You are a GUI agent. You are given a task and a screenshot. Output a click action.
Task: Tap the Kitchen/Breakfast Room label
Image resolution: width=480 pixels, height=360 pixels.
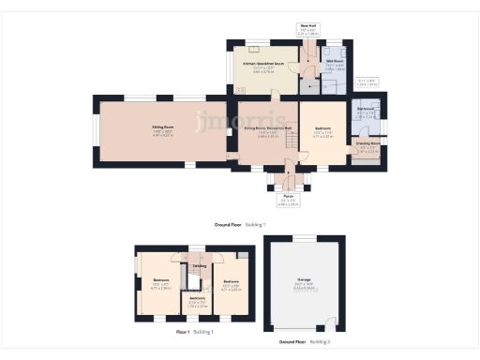click(x=264, y=64)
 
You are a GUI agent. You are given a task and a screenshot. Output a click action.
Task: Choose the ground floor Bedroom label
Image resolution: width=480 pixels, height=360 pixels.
click(x=322, y=128)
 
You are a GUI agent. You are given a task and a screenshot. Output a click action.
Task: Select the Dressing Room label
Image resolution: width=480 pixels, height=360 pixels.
click(x=368, y=143)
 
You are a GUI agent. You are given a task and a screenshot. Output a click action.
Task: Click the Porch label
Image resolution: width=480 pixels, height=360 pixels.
click(x=289, y=197)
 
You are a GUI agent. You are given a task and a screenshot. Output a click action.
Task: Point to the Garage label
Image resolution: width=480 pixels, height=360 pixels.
click(x=304, y=280)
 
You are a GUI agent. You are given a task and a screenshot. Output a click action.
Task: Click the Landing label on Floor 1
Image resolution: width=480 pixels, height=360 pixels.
click(x=200, y=266)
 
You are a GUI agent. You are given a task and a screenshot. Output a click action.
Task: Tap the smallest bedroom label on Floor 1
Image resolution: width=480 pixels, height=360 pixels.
click(x=197, y=298)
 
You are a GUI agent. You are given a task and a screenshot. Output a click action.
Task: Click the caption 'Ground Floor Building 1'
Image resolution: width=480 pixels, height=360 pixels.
click(x=240, y=225)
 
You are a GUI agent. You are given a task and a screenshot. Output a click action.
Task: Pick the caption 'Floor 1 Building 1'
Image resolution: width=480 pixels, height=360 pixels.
click(x=195, y=332)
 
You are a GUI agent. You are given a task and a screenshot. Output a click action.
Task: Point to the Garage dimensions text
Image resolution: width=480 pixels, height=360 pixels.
click(x=304, y=287)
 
